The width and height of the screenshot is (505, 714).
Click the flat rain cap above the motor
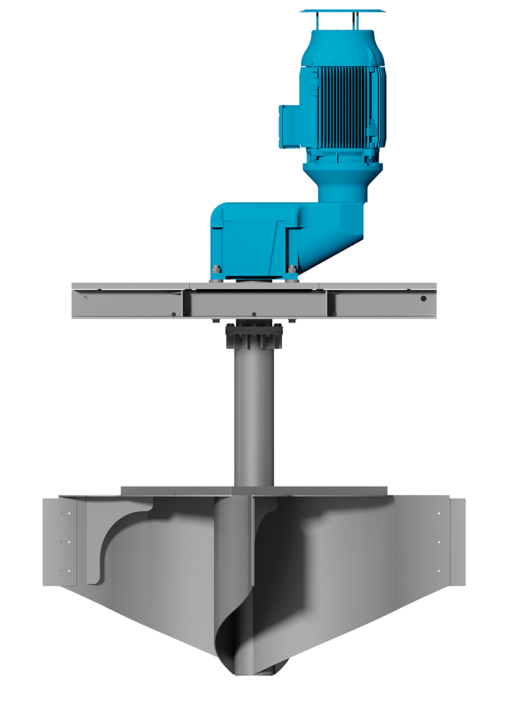click(342, 11)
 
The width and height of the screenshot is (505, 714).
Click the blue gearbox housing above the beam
click(256, 238)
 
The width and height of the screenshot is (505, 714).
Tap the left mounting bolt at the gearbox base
click(216, 271)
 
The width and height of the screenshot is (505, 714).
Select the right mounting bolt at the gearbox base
click(291, 271)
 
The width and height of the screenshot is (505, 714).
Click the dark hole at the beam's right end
click(423, 299)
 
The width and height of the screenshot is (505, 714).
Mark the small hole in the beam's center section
click(254, 314)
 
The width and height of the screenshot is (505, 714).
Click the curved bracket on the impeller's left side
click(119, 535)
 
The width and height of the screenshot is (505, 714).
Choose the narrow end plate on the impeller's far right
click(457, 541)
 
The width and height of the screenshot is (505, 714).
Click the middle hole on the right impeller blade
click(439, 542)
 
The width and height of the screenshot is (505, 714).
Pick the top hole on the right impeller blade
click(439, 513)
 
